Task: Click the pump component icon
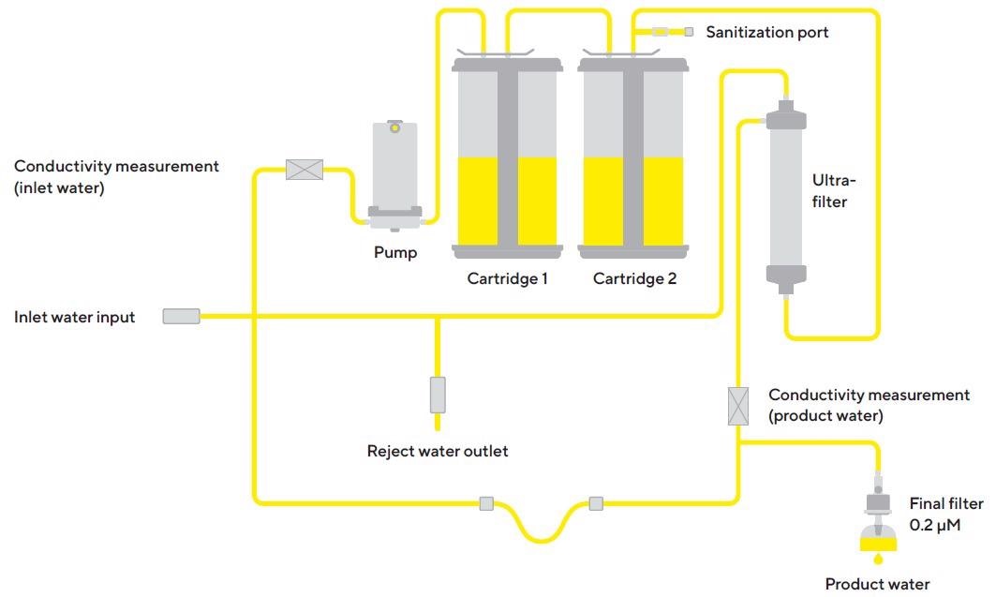(394, 174)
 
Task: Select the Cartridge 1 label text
(507, 278)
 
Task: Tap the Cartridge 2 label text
(634, 278)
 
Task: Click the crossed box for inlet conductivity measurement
(304, 170)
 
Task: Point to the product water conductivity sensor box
(738, 406)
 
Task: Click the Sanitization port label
(766, 33)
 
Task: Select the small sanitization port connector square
(689, 32)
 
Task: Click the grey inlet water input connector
(181, 317)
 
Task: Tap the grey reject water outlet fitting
(437, 395)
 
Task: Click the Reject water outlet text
(438, 451)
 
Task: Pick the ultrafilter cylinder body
(785, 197)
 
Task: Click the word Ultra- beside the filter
(833, 181)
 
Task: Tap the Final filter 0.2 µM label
(946, 514)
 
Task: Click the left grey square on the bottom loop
(486, 503)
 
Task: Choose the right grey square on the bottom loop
(596, 503)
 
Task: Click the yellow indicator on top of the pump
(395, 127)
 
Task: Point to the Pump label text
(395, 252)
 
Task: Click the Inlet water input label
(74, 317)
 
